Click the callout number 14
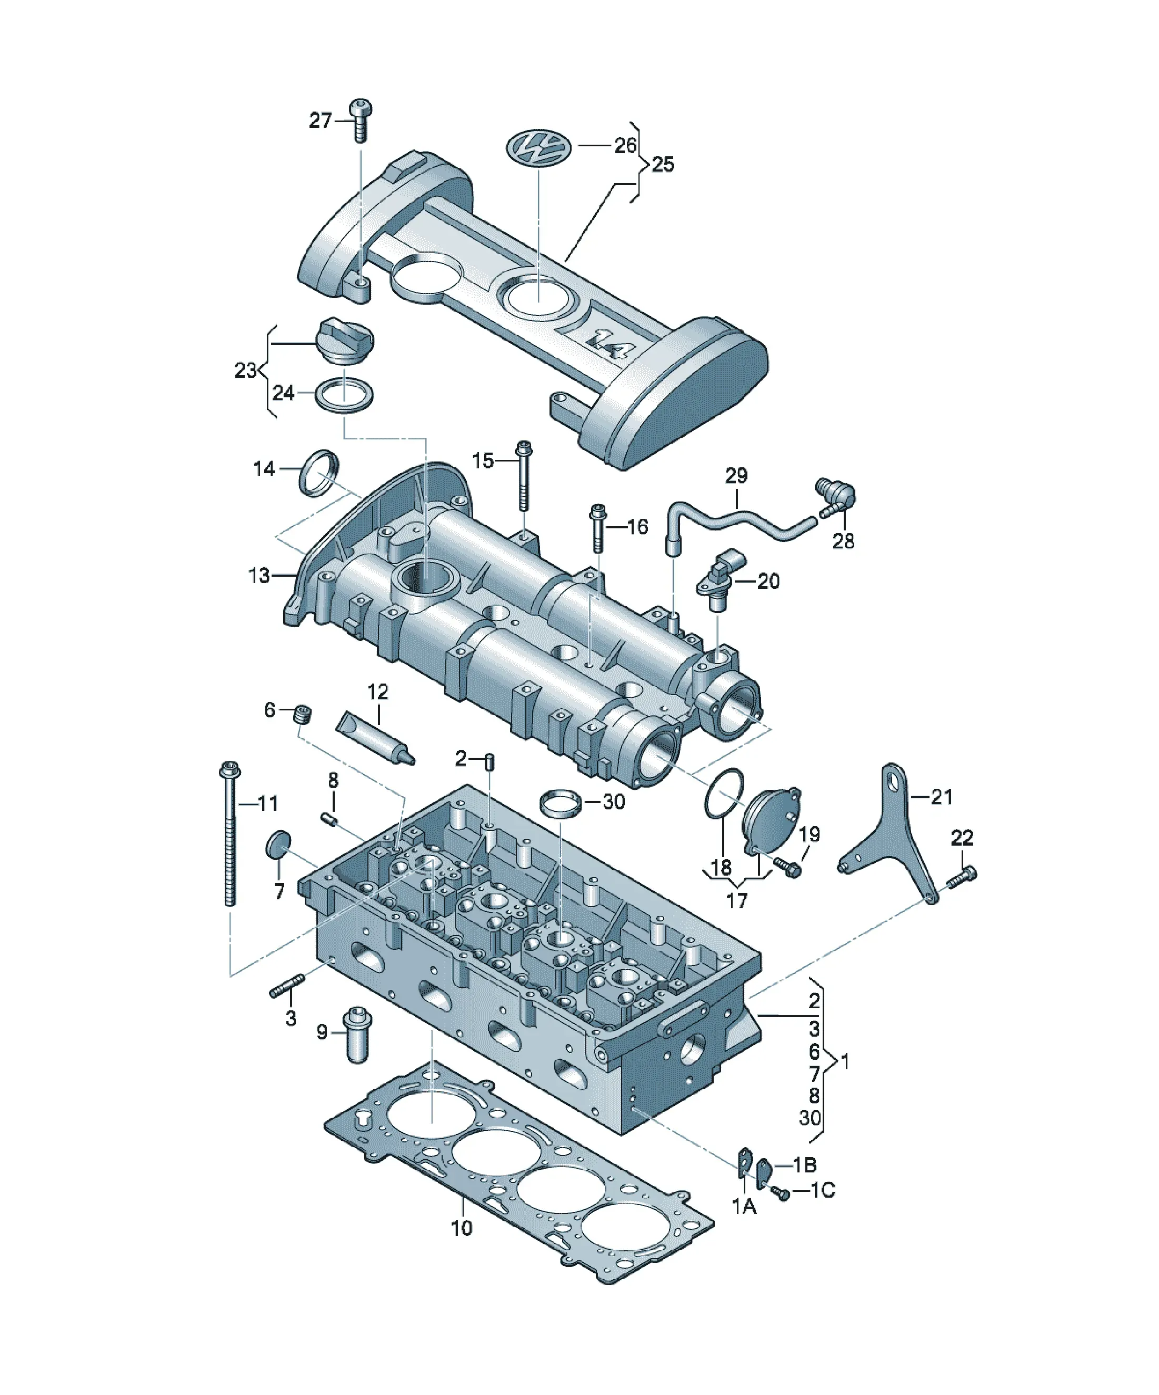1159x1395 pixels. click(264, 468)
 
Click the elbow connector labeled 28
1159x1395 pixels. click(836, 496)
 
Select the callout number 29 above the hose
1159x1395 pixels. click(736, 476)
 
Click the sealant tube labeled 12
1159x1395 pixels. click(376, 737)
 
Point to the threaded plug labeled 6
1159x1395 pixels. click(304, 715)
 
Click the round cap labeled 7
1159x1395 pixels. click(278, 844)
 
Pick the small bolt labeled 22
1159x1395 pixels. click(962, 876)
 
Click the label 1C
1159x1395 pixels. click(823, 1190)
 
